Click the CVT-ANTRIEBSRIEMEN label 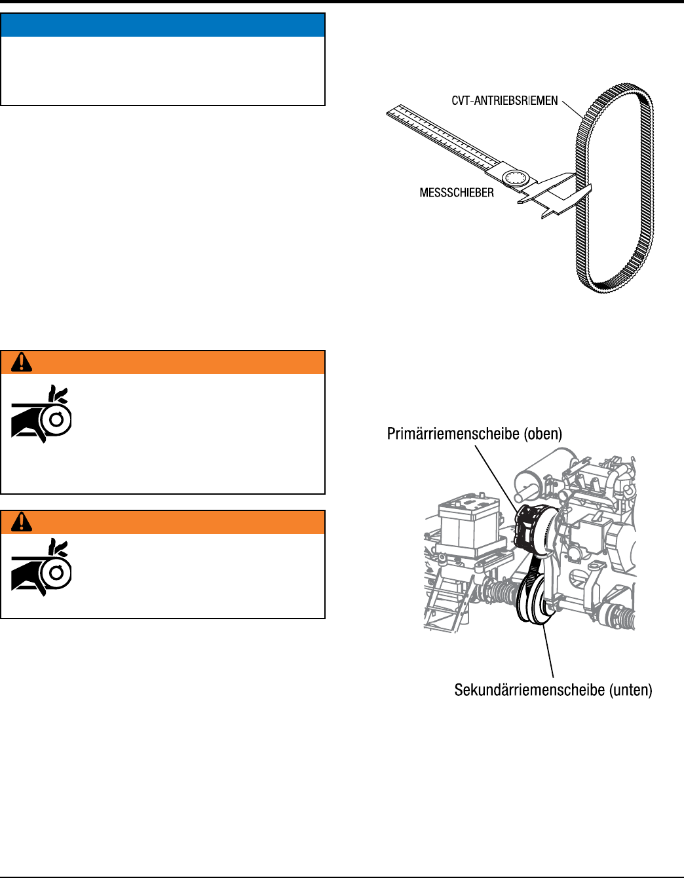[x=504, y=101]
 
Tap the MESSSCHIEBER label [x=457, y=193]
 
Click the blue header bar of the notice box [x=163, y=25]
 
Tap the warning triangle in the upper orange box [x=22, y=362]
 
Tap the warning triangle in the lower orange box [x=22, y=522]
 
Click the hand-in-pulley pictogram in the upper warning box [x=41, y=415]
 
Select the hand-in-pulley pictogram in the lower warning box [x=41, y=567]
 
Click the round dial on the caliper [x=514, y=178]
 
